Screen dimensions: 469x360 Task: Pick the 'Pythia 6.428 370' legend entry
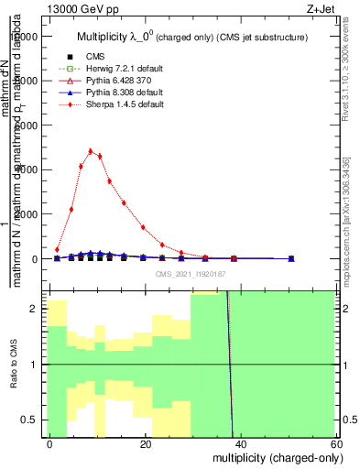[x=115, y=81]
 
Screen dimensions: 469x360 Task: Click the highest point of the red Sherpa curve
[x=91, y=151]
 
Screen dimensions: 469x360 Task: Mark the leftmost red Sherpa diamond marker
[x=57, y=249]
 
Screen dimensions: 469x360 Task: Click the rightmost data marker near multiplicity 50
[x=291, y=258]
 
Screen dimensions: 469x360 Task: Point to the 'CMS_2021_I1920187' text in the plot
[x=190, y=273]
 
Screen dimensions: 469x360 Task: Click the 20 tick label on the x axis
[x=146, y=443]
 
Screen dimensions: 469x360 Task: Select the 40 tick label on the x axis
[x=240, y=443]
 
